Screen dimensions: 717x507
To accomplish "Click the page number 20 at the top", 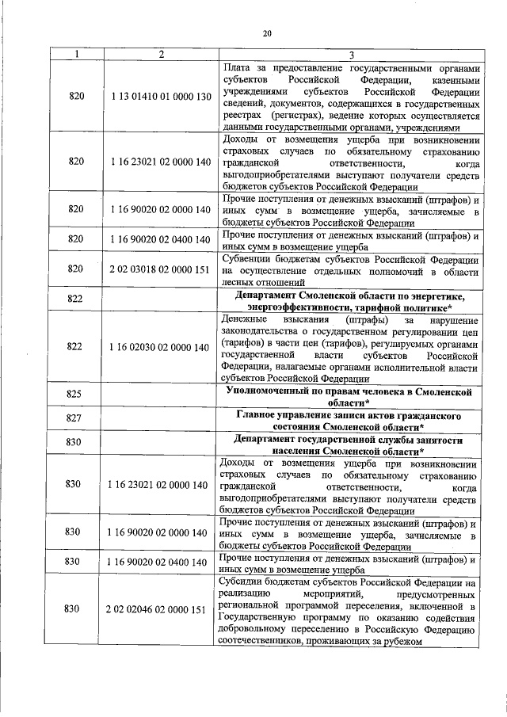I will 267,32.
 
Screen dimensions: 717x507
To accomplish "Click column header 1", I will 76,54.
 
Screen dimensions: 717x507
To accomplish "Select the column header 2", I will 161,54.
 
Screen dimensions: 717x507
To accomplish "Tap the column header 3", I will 351,54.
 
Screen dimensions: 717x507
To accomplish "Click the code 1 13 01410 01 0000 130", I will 161,96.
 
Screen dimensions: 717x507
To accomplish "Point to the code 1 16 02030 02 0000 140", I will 161,347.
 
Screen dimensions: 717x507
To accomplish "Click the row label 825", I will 76,394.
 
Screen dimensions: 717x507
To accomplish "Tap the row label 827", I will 76,418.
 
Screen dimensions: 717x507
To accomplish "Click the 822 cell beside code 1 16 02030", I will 76,347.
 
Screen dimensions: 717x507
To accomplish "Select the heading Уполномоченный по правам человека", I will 351,394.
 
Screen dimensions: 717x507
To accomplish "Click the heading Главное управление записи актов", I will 351,418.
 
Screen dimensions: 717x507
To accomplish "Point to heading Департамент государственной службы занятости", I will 351,442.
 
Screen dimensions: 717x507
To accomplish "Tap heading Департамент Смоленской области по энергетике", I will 351,302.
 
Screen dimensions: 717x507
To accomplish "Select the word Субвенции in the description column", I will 248,259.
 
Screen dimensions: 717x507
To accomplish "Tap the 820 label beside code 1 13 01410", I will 76,96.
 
